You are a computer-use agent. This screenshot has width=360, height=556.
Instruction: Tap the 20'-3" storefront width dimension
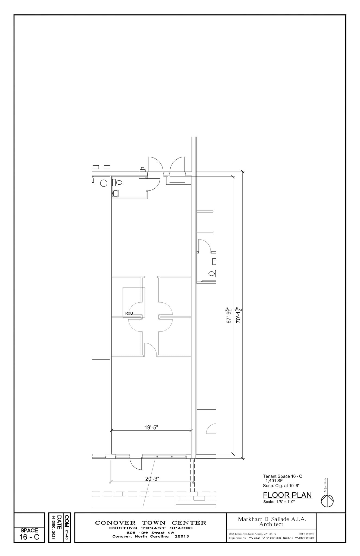[152, 479]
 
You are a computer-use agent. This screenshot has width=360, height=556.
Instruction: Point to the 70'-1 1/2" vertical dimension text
[239, 315]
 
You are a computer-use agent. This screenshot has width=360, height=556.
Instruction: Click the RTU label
[129, 313]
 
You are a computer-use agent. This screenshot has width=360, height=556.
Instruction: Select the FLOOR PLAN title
[287, 495]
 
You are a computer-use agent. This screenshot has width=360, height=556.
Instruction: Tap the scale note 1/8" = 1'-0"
[279, 502]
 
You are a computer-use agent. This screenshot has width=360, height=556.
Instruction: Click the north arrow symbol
[327, 501]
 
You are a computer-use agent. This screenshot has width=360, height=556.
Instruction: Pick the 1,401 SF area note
[274, 481]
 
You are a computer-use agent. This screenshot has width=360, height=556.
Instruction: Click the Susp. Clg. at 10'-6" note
[281, 486]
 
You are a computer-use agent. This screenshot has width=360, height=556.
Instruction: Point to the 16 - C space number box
[29, 537]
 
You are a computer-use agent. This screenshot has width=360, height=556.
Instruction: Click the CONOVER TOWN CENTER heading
[151, 523]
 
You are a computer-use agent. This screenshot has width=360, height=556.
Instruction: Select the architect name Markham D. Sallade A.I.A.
[272, 519]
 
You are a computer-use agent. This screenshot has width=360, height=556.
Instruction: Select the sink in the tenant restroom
[115, 193]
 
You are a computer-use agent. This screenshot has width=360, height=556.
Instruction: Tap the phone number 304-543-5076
[306, 534]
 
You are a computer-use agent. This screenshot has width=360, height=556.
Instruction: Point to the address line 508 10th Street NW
[151, 533]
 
